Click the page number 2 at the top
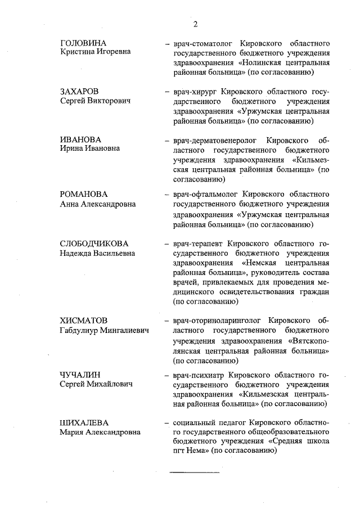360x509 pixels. click(x=195, y=24)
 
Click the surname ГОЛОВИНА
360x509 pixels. click(x=83, y=43)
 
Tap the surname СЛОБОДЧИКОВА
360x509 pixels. click(x=94, y=244)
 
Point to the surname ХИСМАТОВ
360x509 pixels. click(x=83, y=321)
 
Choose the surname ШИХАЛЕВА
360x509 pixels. click(x=84, y=422)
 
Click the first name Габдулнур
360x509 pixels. click(x=79, y=331)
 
